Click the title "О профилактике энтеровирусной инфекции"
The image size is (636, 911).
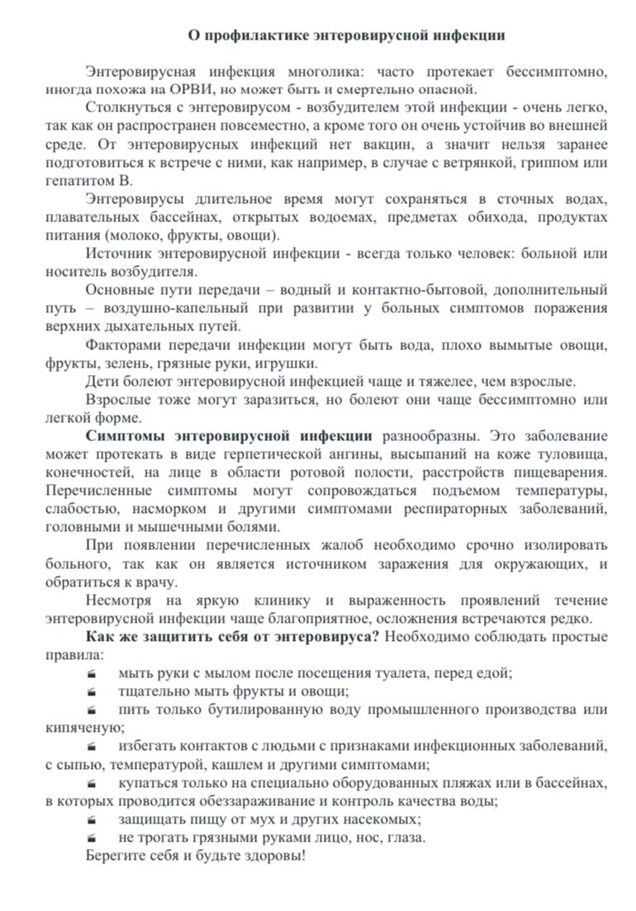347,36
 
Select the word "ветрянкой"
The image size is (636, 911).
465,162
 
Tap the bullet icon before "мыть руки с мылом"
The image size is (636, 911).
91,673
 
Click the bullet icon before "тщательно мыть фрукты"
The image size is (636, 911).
91,691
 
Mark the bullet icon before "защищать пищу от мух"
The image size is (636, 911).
91,819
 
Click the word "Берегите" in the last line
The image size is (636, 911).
113,856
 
